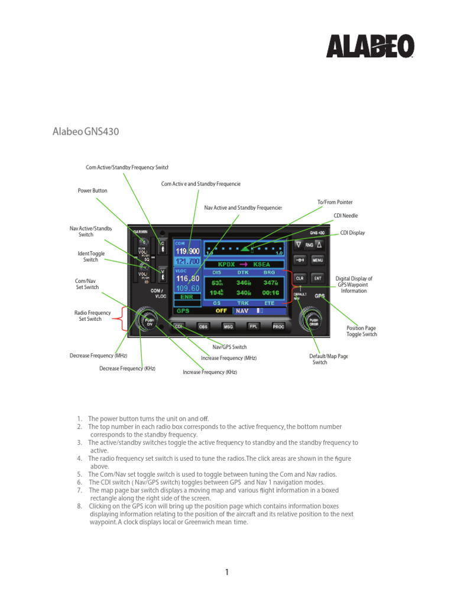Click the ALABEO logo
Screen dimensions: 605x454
(x=371, y=46)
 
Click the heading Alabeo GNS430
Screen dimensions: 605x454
(x=86, y=131)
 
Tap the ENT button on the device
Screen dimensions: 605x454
(x=317, y=278)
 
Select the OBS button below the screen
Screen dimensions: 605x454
(x=203, y=326)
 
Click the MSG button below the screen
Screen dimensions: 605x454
(x=228, y=326)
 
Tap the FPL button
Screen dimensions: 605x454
(x=253, y=326)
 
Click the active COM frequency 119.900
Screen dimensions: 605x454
(x=187, y=251)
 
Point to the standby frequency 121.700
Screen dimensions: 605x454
(x=187, y=261)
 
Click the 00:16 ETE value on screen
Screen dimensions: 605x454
(x=269, y=292)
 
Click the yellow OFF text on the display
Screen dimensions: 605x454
(x=221, y=310)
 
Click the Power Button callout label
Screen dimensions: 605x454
(x=93, y=191)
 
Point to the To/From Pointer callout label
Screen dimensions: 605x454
(x=335, y=202)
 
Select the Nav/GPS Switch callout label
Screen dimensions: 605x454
(x=229, y=347)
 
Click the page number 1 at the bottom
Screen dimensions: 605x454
(x=226, y=572)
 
